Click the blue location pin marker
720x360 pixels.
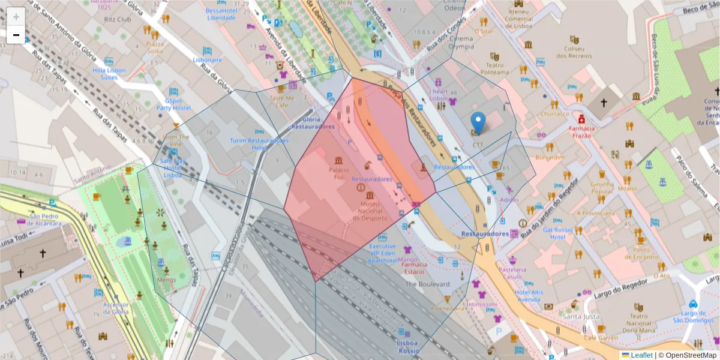click(478, 124)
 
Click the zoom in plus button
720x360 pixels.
click(16, 16)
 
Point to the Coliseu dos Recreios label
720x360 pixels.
click(574, 52)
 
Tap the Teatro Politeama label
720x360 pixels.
click(494, 68)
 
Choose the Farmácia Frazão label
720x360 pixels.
click(581, 132)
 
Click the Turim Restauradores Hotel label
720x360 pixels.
click(259, 144)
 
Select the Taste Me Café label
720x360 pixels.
click(282, 101)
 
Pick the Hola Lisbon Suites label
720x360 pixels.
click(109, 73)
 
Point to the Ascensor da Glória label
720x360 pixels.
click(116, 308)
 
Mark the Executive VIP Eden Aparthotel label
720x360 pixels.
click(382, 253)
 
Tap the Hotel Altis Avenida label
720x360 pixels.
click(528, 295)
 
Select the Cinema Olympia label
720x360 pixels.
click(461, 43)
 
